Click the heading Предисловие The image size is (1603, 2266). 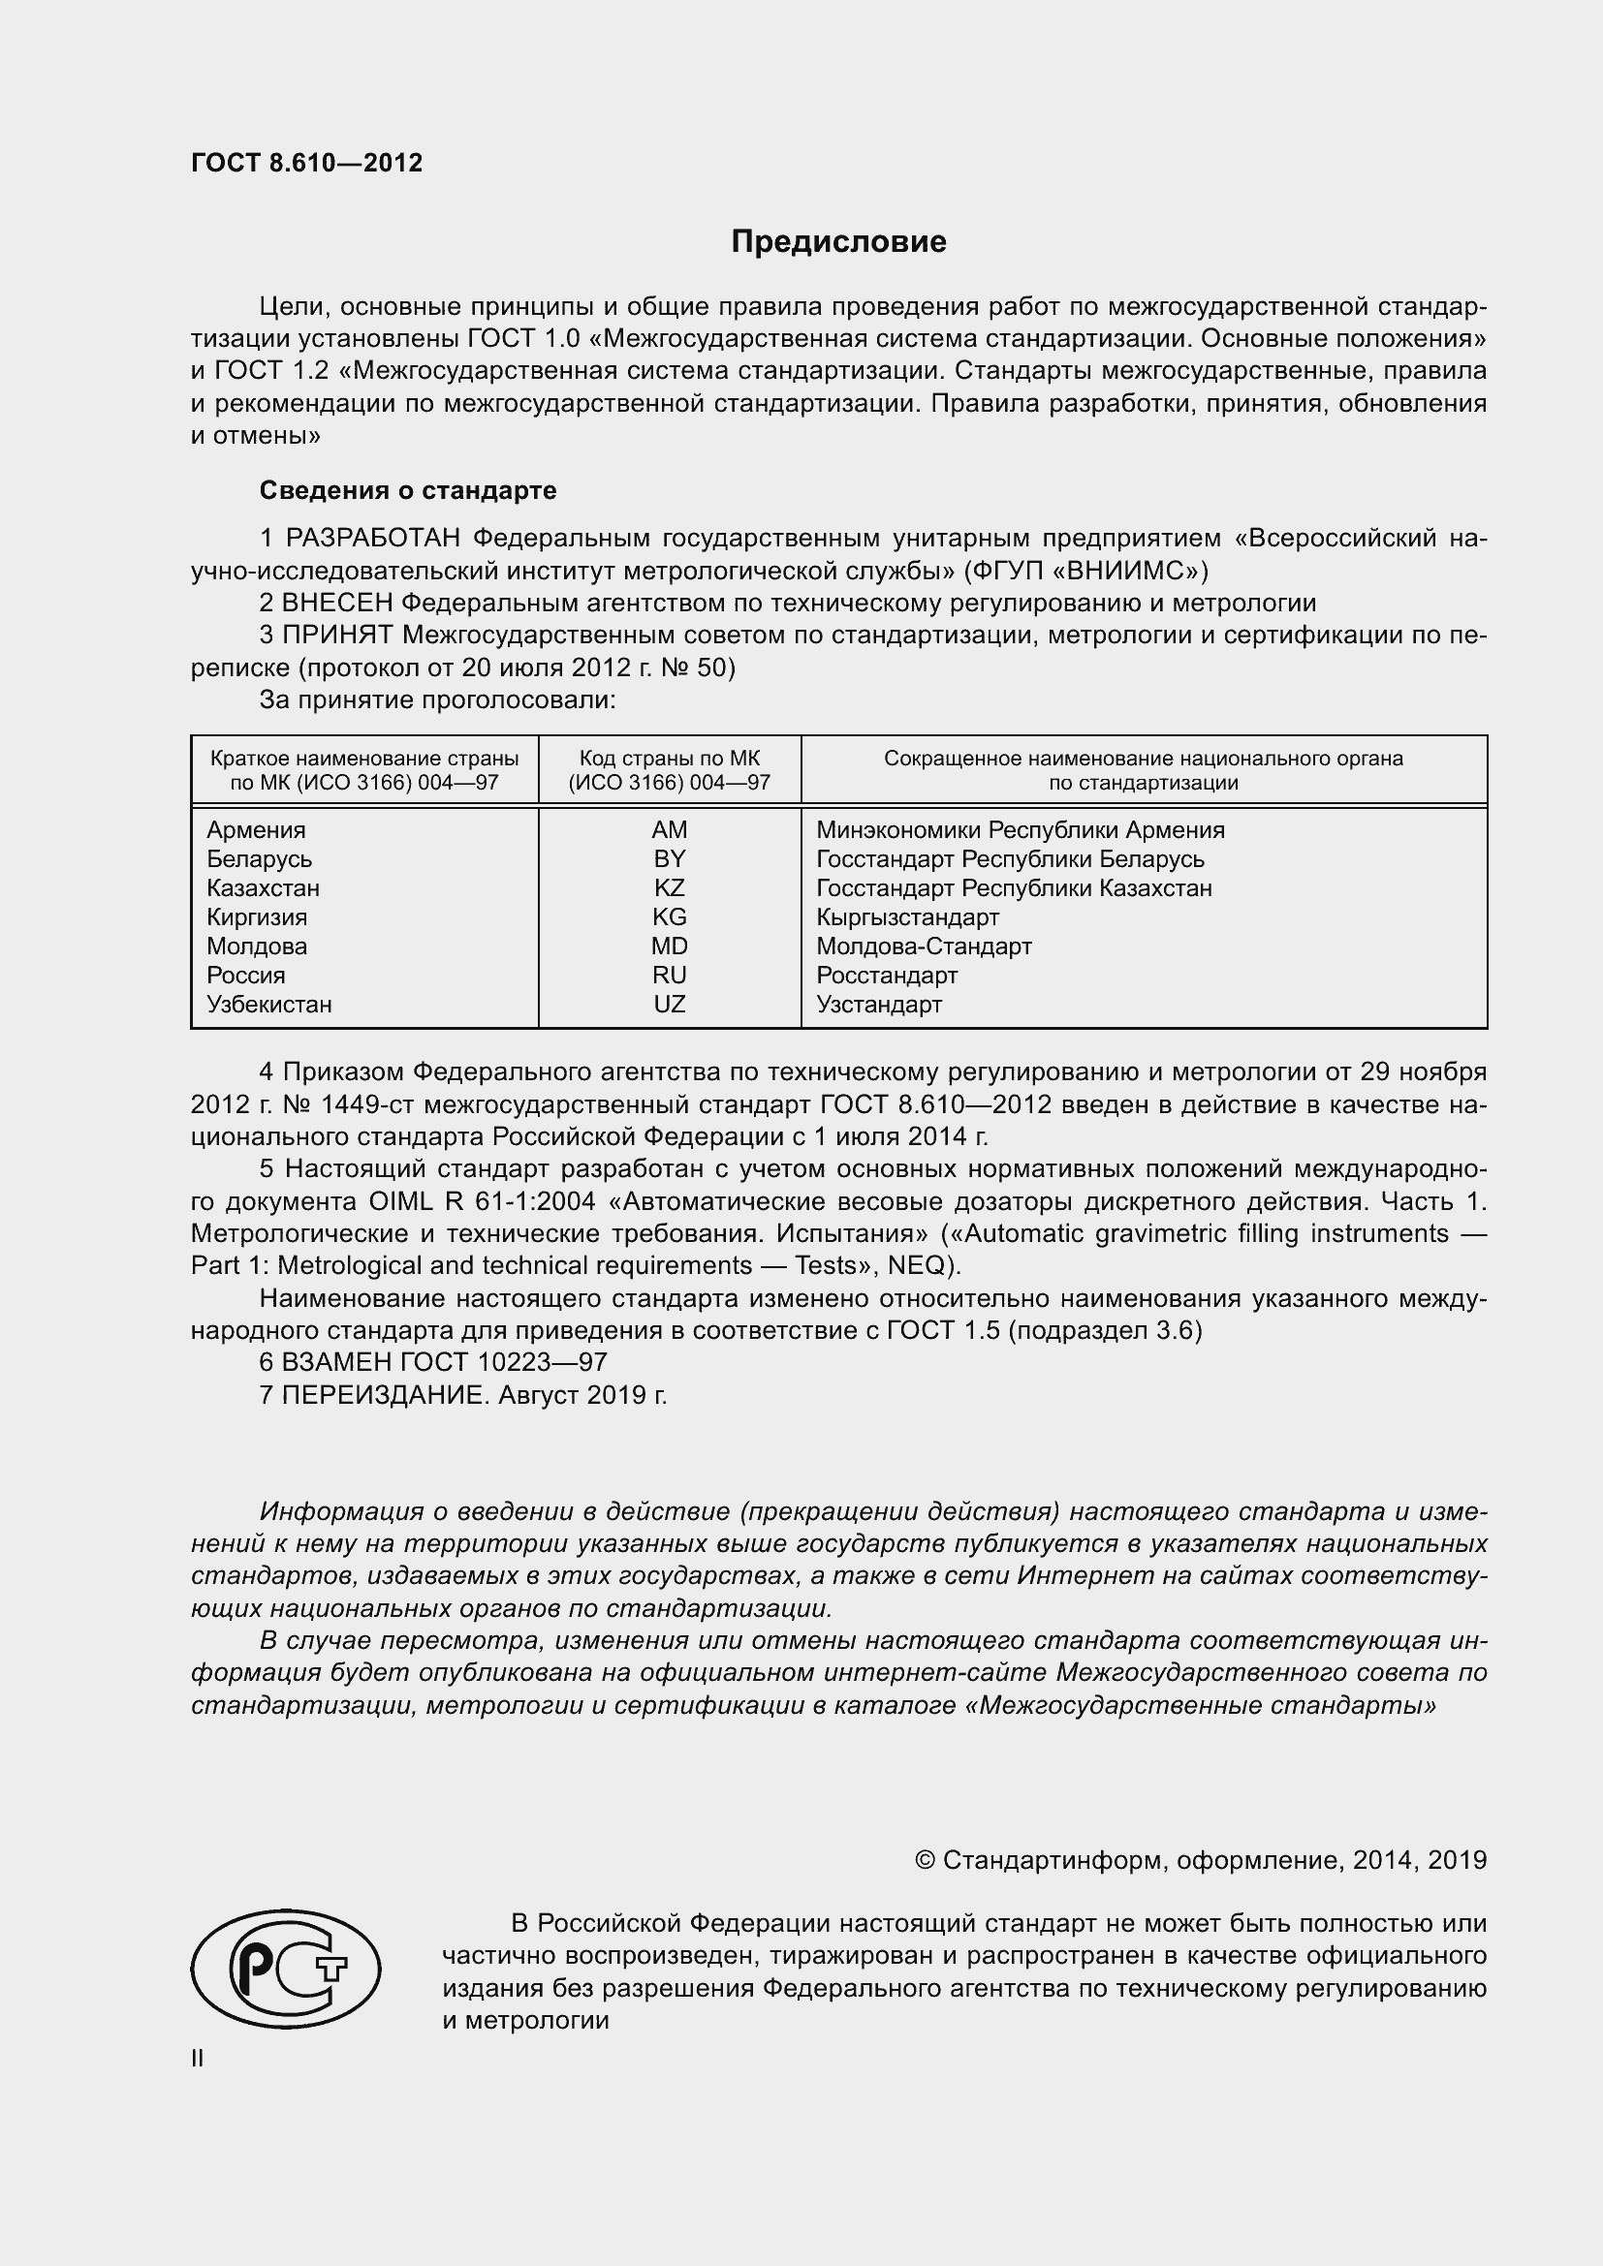(838, 242)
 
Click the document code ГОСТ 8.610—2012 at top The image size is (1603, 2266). (306, 163)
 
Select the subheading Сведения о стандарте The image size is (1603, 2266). (408, 490)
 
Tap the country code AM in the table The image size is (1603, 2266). (670, 830)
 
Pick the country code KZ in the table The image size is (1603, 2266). (670, 888)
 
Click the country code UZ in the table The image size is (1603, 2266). (670, 1005)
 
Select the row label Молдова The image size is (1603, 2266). (257, 947)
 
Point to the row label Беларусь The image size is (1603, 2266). (259, 858)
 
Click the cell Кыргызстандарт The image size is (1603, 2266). (907, 917)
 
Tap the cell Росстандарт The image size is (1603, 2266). (887, 977)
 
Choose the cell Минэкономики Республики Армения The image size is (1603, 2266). (1020, 830)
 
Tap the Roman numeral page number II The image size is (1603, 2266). (198, 2059)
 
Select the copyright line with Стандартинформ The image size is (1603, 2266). (1200, 1860)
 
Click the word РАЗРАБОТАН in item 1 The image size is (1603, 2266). (373, 539)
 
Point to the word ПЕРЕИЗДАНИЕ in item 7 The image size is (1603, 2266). (385, 1395)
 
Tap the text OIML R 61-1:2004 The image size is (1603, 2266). (482, 1202)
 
